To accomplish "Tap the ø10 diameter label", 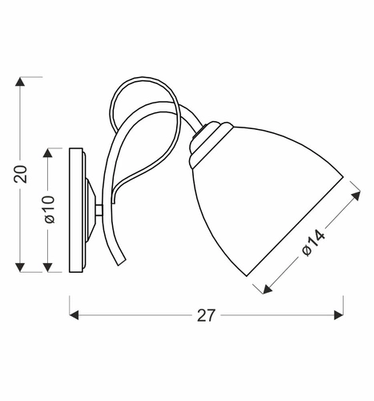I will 49,209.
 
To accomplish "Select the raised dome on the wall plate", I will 91,209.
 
